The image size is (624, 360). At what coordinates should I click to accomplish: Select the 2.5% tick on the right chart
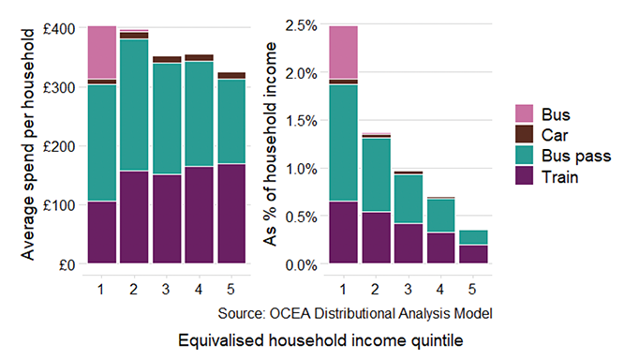pos(300,25)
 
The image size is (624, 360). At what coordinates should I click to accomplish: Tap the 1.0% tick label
pos(300,169)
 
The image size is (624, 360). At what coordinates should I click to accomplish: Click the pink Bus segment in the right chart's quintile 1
pos(343,52)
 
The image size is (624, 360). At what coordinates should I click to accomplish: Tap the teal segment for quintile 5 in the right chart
pos(472,237)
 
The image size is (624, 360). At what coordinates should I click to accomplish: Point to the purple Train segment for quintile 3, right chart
pos(408,244)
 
